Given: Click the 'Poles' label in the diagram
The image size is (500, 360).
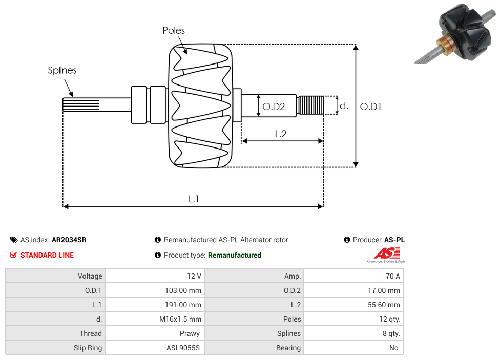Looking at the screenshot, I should point(174,31).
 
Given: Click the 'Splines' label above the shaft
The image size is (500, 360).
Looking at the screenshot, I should point(62,70).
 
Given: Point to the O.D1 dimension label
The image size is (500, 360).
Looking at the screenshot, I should point(370,107).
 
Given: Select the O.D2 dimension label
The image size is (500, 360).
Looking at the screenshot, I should point(273,107).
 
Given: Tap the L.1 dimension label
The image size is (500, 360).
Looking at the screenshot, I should point(193,199).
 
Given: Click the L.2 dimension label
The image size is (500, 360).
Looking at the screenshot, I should point(280,134).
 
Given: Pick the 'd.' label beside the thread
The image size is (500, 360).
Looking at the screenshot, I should point(344,106).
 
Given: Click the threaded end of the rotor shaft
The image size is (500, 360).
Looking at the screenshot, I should point(311,105).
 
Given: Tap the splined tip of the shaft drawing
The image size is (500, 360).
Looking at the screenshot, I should point(74,105).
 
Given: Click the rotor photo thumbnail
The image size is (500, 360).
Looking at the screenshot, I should point(455,33).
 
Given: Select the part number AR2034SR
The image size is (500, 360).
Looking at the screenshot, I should point(69,240).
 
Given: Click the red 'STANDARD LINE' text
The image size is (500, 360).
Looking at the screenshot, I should point(47,255).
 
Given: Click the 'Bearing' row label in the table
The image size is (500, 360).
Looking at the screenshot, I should point(288,348).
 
